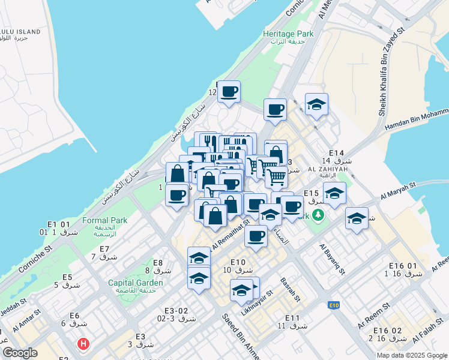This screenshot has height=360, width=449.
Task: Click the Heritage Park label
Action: click(x=288, y=34)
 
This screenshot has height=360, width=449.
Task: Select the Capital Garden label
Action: click(x=135, y=283)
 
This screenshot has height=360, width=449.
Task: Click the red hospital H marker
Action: click(x=83, y=344)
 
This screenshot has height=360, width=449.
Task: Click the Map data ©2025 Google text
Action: click(x=412, y=355)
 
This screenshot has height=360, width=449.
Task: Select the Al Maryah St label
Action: click(x=398, y=192)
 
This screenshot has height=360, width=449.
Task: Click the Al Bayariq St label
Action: click(x=332, y=259)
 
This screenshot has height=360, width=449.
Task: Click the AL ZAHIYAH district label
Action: click(x=328, y=169)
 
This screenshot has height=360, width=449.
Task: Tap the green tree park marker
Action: click(x=319, y=214)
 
